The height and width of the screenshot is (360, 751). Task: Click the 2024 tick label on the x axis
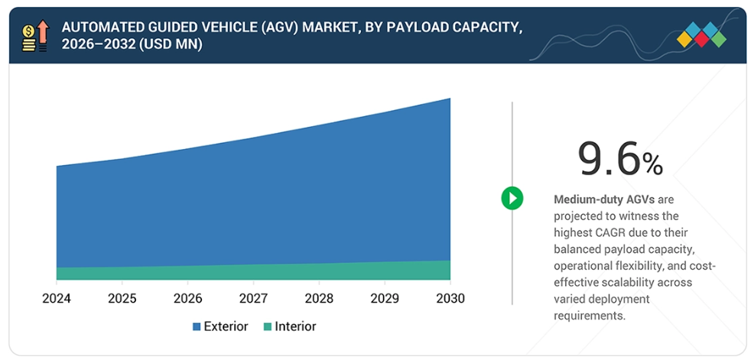(x=56, y=299)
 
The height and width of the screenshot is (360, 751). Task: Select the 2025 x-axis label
(x=122, y=299)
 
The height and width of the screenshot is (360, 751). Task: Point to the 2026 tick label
(x=188, y=299)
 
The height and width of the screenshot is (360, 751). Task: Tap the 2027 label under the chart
(x=254, y=299)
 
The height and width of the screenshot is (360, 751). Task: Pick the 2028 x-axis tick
(x=319, y=299)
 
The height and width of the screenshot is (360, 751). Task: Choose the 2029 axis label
(x=385, y=299)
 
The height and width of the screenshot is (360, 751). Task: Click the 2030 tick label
(x=450, y=299)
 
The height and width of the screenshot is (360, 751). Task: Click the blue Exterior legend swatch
(x=197, y=327)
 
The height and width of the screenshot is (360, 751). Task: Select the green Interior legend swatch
(x=268, y=327)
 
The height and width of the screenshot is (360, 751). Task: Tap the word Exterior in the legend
(x=226, y=326)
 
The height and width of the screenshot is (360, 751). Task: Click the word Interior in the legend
(x=295, y=326)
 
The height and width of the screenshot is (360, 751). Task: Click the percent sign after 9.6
(x=652, y=164)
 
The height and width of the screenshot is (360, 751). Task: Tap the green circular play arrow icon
(x=512, y=199)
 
